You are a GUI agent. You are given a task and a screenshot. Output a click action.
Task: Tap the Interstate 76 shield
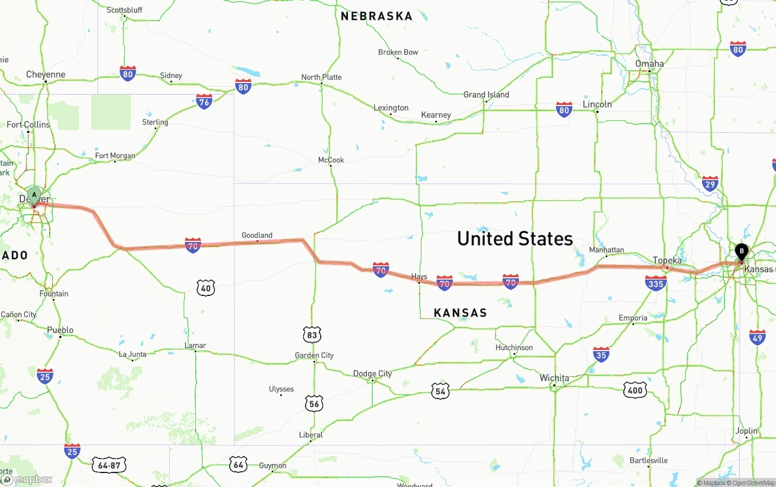204,101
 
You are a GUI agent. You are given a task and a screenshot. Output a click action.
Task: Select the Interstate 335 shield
656,283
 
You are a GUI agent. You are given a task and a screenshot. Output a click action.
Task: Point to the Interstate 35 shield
601,354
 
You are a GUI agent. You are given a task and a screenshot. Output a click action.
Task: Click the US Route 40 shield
206,288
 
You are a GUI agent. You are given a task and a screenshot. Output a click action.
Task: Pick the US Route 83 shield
312,334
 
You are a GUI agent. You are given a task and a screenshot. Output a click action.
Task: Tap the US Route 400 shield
635,391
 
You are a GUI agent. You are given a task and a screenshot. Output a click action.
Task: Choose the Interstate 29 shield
710,184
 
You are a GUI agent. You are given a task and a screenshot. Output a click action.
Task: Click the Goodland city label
257,235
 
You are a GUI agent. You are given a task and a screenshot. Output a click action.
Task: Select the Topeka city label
667,261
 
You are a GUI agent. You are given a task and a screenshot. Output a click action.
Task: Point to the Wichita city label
554,378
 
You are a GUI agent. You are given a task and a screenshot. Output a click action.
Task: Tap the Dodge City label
372,374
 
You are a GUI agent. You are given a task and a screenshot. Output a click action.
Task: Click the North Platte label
321,77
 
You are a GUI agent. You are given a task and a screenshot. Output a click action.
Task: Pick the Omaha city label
649,64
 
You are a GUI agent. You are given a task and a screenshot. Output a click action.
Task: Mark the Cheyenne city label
45,75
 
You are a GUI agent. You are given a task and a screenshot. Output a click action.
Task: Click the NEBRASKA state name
376,16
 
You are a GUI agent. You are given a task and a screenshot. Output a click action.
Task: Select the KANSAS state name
460,313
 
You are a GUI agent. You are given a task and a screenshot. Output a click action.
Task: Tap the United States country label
515,238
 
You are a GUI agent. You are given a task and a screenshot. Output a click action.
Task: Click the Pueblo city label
60,331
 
